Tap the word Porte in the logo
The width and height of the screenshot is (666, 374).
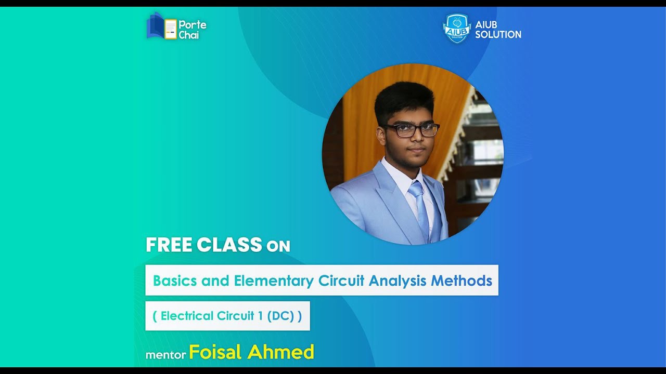point(193,24)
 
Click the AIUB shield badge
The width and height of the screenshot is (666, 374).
point(456,28)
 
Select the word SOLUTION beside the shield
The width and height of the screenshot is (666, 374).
point(498,35)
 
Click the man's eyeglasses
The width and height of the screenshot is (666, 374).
point(412,130)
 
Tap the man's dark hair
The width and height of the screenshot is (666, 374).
point(405,99)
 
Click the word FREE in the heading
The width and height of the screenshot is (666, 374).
point(169,245)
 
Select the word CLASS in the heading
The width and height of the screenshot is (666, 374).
point(229,245)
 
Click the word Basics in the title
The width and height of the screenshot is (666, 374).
point(175,281)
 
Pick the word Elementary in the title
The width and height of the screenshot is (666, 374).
point(274,281)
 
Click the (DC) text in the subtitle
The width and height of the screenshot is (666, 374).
point(281,316)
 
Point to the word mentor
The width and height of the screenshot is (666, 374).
point(165,355)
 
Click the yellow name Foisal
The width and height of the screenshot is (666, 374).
point(215,352)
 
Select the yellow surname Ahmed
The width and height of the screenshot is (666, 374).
point(281,352)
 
